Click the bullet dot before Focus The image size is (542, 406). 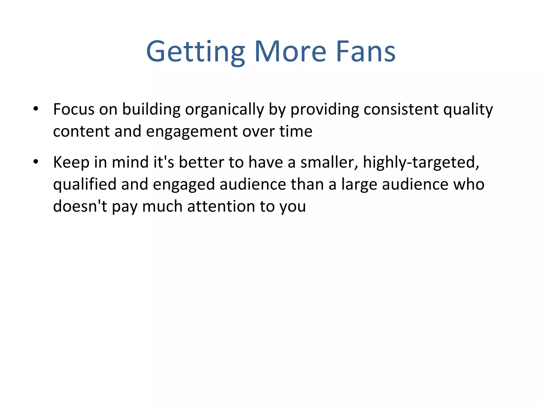(36, 109)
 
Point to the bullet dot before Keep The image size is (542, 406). (36, 162)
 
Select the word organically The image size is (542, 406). (224, 109)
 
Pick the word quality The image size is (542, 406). (468, 109)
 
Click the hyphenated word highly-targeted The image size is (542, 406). (421, 162)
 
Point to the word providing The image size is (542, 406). (324, 109)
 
